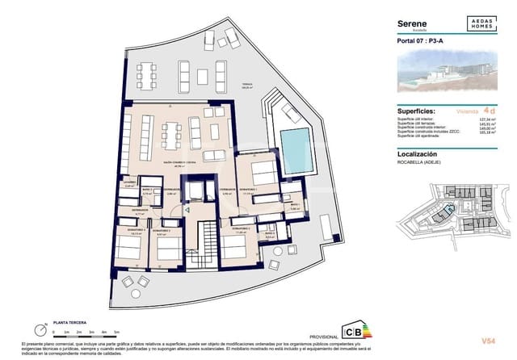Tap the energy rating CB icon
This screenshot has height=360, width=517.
coord(353,332)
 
